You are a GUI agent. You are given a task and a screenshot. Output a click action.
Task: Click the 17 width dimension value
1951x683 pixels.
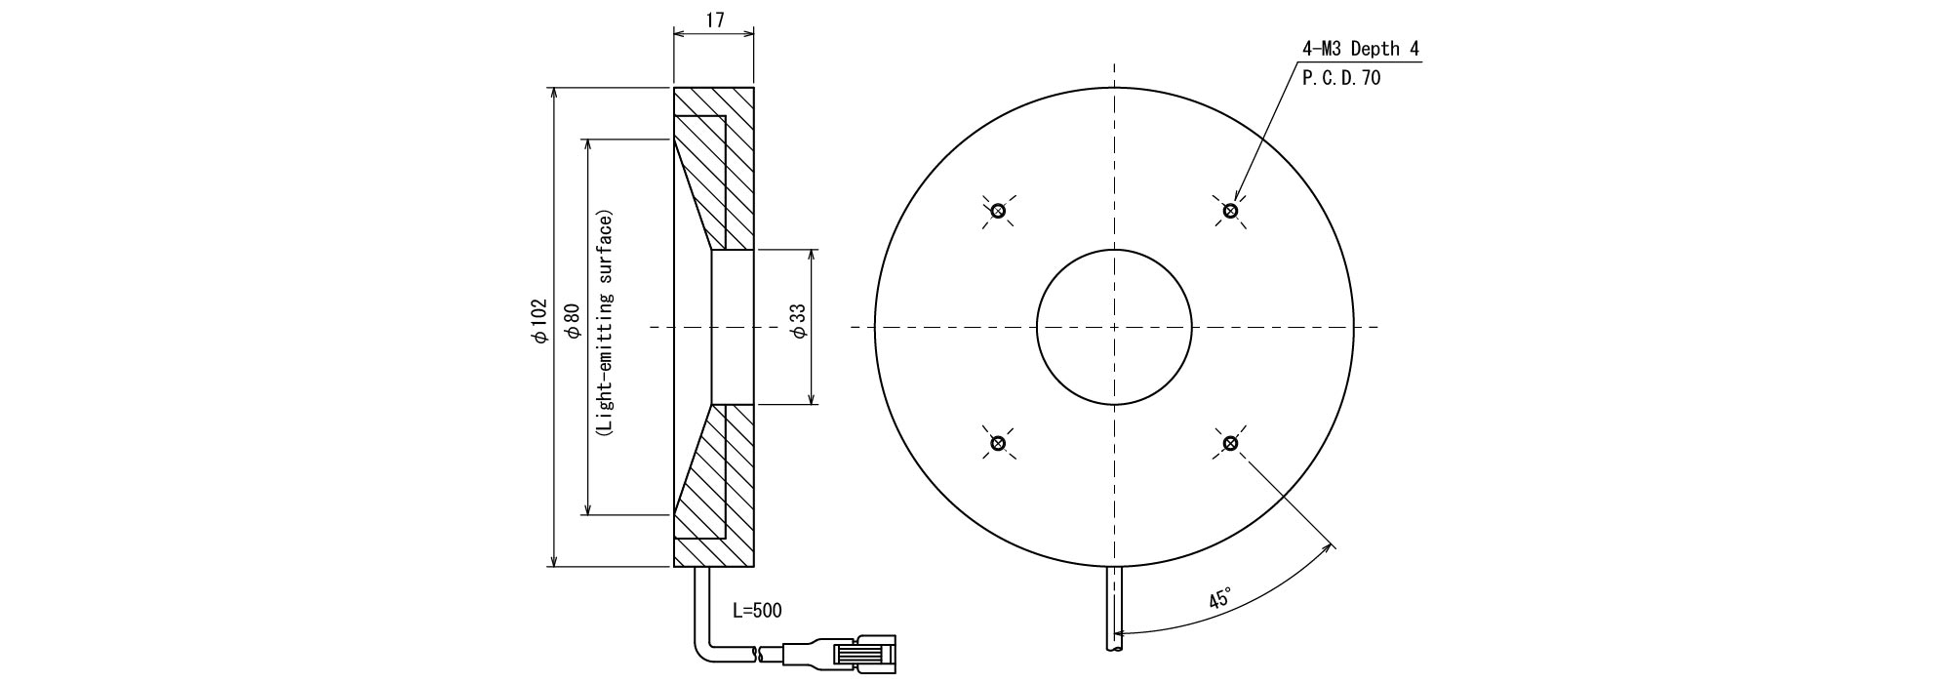click(714, 20)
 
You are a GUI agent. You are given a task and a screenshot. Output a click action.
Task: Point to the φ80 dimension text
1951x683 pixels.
click(573, 321)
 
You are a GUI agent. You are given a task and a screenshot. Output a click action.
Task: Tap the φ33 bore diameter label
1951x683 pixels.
click(799, 321)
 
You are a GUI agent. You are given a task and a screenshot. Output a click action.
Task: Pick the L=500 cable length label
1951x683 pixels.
click(757, 611)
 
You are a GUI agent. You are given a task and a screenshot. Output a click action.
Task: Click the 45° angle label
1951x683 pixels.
click(1220, 598)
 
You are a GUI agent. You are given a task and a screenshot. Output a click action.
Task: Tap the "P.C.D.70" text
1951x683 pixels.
click(1341, 79)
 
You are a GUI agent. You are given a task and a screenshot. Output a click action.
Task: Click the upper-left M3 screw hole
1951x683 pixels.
click(998, 211)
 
